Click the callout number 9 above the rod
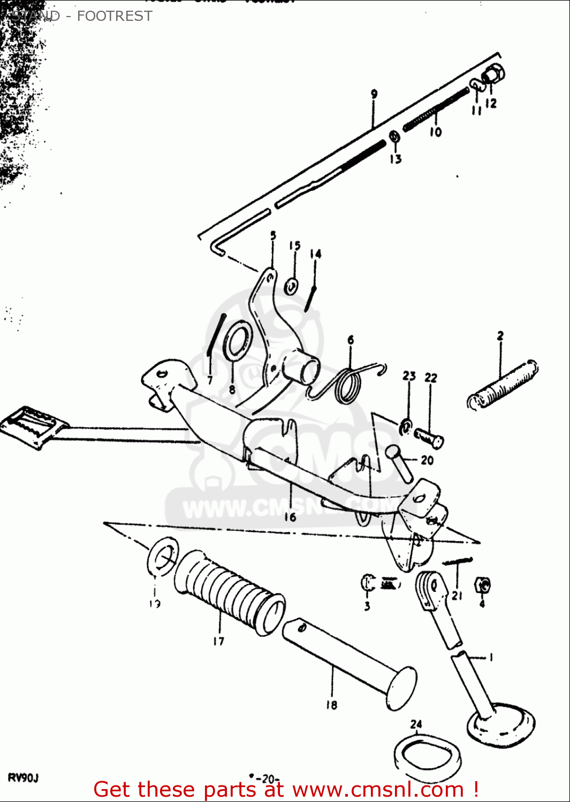(374, 94)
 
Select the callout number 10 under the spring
(436, 132)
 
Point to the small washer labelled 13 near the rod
(394, 137)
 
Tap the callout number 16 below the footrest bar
(290, 516)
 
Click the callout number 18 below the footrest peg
(332, 705)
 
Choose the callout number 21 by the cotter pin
(457, 596)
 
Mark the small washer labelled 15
(292, 286)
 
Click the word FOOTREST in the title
(115, 16)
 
